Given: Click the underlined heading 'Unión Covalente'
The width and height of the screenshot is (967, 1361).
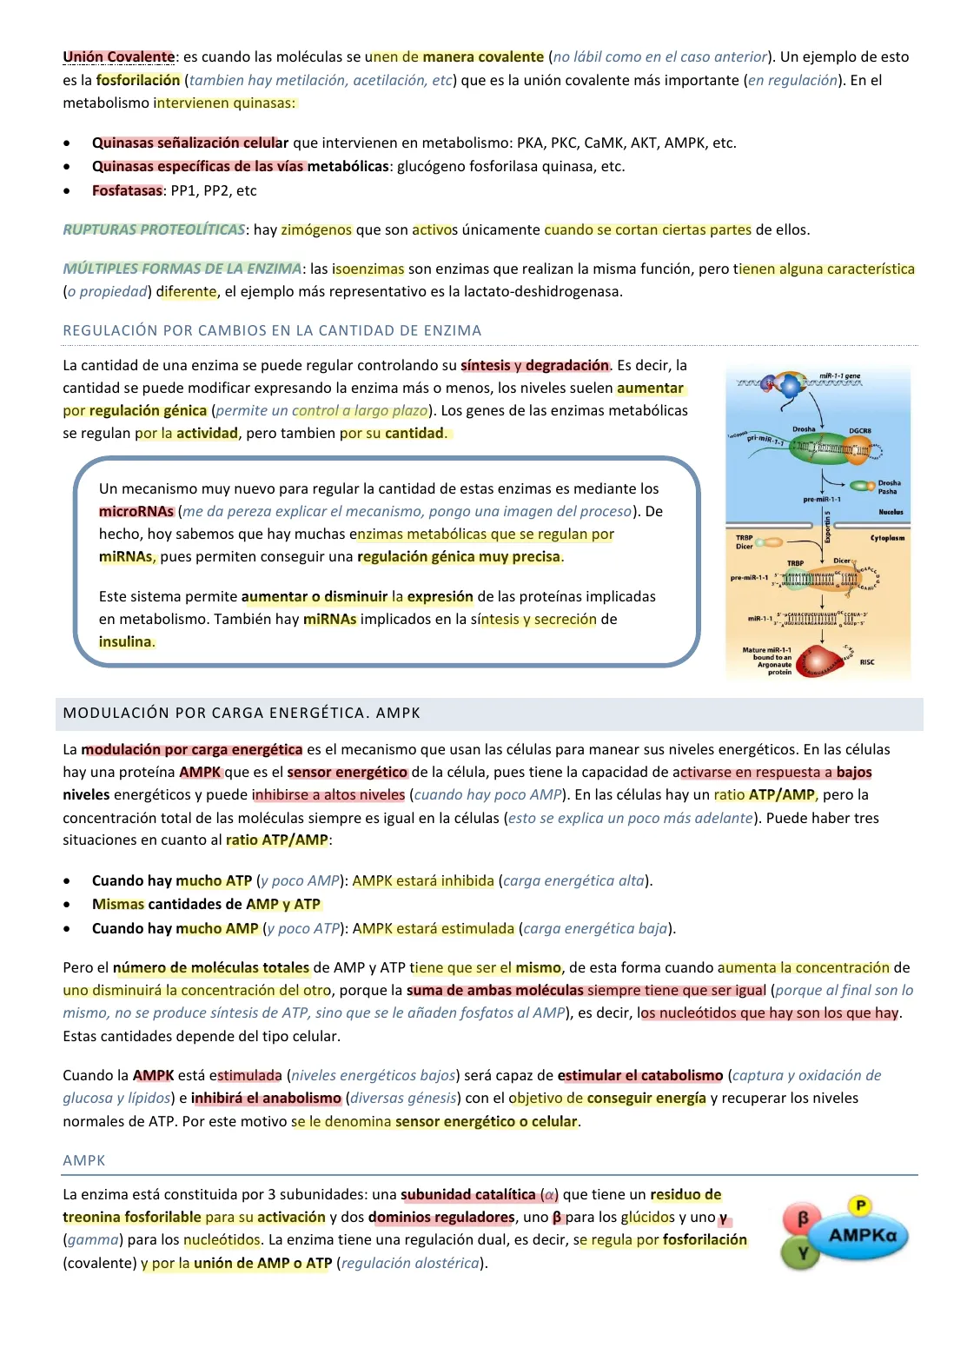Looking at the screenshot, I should (119, 57).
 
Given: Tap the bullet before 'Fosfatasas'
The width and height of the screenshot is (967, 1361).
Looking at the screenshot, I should (67, 191).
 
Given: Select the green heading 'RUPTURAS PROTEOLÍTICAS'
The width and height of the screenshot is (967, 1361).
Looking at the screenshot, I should (154, 230).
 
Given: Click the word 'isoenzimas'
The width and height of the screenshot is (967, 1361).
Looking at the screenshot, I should (368, 269).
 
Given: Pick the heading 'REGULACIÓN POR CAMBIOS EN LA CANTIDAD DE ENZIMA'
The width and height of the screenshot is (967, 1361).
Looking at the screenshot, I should (272, 331).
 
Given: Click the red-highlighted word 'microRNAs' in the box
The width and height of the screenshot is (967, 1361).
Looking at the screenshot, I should (136, 512).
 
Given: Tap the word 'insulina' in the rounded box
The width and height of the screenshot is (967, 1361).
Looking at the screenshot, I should (126, 642).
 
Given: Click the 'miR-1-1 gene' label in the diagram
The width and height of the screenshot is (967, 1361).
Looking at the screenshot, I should (839, 376).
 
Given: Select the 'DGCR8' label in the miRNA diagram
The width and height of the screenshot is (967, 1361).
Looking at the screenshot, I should (859, 431).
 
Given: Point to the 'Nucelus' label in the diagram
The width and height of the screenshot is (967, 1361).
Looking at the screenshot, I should (891, 513).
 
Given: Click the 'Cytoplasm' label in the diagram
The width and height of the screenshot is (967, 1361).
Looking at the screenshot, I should (887, 538).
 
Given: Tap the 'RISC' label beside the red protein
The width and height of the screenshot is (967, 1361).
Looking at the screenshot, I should (867, 662).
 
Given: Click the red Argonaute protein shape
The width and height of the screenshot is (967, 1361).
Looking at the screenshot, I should (823, 661).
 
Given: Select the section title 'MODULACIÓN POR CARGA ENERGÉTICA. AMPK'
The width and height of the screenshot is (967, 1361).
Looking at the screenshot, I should (242, 714).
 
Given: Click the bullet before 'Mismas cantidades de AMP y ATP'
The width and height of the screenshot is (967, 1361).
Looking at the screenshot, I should (67, 905).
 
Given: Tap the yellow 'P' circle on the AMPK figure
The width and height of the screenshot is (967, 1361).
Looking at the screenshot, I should (859, 1205).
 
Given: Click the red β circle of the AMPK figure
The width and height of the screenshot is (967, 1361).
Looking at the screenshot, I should (802, 1218).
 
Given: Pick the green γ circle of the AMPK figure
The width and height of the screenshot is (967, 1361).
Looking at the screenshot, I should (802, 1253).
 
